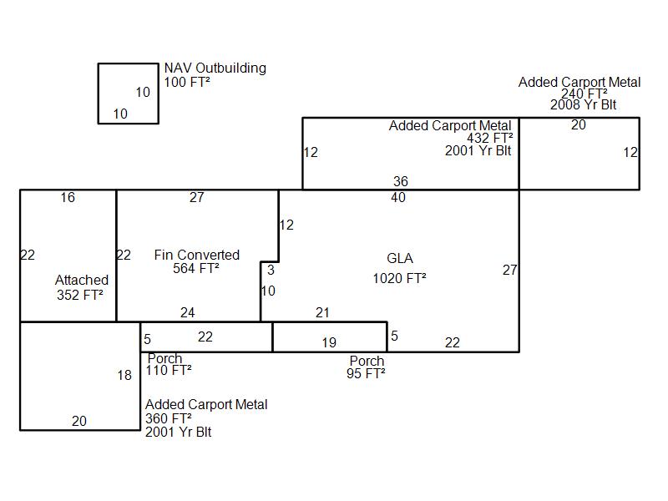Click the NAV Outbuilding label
click(215, 68)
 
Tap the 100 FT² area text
click(187, 83)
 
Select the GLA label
click(400, 259)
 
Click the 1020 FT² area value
click(399, 279)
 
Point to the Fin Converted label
click(197, 255)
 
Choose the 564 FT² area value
click(196, 269)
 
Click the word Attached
click(82, 280)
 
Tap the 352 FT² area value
click(80, 294)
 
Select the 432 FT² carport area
click(490, 139)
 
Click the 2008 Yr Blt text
click(583, 105)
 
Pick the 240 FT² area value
click(584, 94)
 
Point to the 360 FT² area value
click(169, 418)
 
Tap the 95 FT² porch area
click(366, 374)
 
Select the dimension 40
click(397, 198)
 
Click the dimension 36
click(401, 181)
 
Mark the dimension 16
click(68, 198)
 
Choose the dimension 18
click(124, 376)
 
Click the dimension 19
click(329, 342)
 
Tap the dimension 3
click(271, 271)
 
